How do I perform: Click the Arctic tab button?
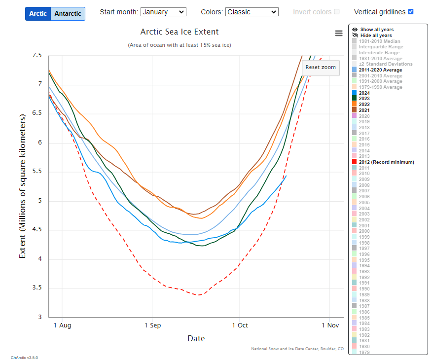[38, 13]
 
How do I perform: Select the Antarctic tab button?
[68, 13]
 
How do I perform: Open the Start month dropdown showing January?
[163, 12]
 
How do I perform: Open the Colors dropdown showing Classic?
[252, 12]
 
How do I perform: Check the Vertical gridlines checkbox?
[411, 12]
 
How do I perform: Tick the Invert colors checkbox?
[337, 12]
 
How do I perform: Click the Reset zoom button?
[321, 67]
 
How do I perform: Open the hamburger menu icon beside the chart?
[338, 33]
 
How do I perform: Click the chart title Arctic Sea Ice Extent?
[180, 32]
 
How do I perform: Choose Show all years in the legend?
[377, 30]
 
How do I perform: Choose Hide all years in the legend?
[376, 36]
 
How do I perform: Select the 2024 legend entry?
[364, 93]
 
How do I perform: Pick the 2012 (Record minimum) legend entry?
[386, 162]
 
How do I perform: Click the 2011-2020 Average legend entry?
[380, 70]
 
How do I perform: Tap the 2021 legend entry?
[364, 110]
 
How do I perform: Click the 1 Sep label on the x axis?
[153, 325]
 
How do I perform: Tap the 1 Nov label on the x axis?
[330, 325]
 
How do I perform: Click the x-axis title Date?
[196, 339]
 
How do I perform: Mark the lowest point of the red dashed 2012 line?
[198, 295]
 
